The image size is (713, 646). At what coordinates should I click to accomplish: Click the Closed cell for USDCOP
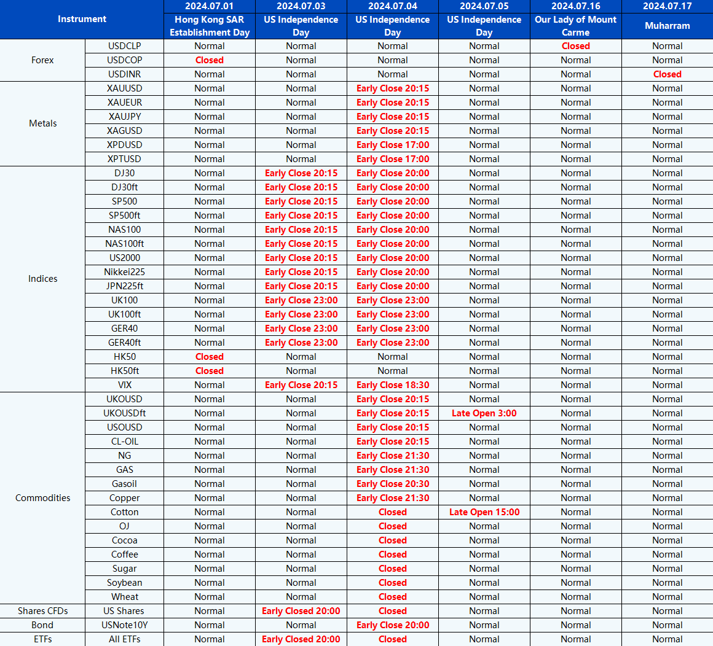pos(209,60)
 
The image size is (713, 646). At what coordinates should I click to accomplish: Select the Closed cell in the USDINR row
pos(667,74)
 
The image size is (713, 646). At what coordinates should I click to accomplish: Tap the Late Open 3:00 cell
pos(484,413)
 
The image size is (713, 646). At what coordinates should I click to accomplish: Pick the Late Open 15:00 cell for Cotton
pos(484,512)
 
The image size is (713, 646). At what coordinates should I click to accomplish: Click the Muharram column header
pos(667,26)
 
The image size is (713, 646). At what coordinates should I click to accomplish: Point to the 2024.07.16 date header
pos(575,6)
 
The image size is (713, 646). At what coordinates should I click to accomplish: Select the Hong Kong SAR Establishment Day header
pos(209,26)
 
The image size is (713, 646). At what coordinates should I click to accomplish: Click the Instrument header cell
pos(82,19)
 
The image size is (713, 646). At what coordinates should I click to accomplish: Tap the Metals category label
pos(42,123)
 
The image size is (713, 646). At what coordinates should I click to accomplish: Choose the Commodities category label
pos(42,498)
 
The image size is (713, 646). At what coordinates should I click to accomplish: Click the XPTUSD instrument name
pos(124,159)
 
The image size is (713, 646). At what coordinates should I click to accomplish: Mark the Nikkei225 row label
pos(124,272)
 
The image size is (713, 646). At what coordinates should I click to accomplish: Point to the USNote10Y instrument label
pos(124,625)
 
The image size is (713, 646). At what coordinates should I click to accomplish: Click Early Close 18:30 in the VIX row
pos(392,385)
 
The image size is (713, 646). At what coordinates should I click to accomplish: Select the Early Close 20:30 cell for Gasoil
pos(392,484)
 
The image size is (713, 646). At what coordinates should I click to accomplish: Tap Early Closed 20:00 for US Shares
pos(301,611)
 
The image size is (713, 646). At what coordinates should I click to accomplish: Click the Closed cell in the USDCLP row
pos(575,46)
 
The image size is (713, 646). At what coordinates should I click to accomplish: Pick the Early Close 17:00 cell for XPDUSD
pos(392,145)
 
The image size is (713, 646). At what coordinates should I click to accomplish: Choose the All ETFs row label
pos(124,639)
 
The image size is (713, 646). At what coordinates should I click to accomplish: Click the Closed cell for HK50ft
pos(209,371)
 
